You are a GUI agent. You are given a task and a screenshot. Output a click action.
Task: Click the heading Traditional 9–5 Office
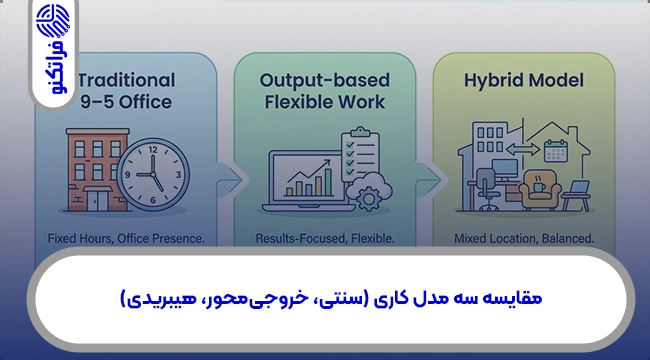click(125, 90)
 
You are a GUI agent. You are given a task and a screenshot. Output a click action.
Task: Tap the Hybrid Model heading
click(523, 80)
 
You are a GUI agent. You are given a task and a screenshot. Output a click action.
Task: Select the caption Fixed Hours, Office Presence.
click(125, 239)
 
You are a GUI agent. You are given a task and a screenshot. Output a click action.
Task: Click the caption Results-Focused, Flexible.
click(325, 239)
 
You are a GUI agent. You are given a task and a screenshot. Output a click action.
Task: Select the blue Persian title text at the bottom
click(324, 299)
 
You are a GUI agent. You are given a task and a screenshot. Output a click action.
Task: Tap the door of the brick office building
click(97, 200)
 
